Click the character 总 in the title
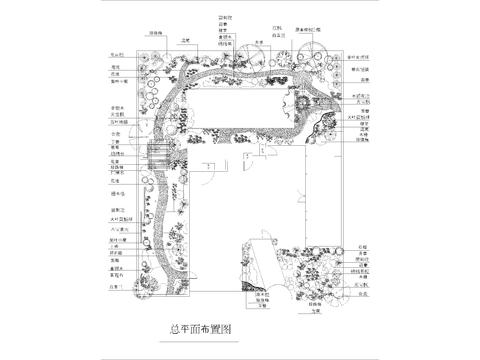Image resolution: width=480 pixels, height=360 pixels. point(177,328)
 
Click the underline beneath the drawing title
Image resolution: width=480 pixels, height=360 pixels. point(202,339)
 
